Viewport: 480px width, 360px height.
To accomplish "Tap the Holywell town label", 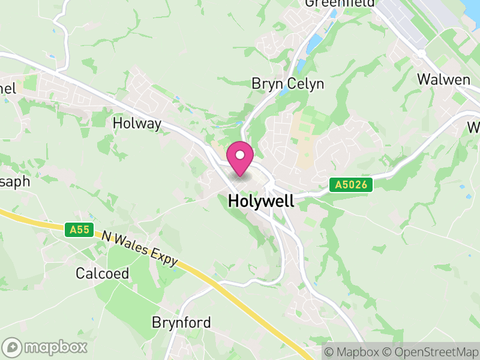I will click(261, 202).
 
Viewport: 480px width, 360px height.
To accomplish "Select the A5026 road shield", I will click(351, 185).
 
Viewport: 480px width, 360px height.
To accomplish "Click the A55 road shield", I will click(79, 230).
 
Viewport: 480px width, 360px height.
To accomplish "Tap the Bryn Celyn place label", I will click(287, 84).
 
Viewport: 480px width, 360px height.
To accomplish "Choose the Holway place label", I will click(137, 124).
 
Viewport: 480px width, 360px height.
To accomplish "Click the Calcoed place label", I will click(102, 274).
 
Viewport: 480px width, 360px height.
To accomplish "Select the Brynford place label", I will click(181, 323).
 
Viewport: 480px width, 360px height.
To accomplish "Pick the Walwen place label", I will click(443, 79).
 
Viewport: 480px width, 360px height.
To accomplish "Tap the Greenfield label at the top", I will click(339, 3).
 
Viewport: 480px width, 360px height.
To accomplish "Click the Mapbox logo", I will click(46, 347).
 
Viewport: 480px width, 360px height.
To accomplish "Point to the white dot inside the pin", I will click(240, 155).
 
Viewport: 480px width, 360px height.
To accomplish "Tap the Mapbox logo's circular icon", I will click(12, 347).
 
